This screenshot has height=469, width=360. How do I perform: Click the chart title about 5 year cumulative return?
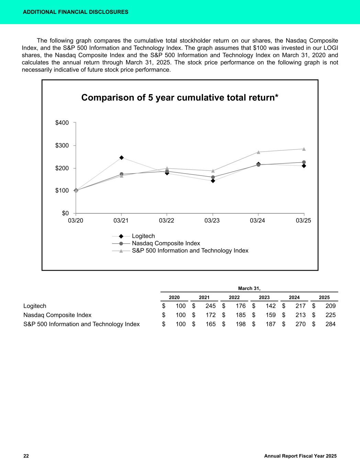(180, 98)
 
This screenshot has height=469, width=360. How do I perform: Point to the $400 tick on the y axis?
(62, 123)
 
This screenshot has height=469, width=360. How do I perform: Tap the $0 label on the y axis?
(65, 213)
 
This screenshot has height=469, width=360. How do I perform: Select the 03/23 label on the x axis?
(212, 221)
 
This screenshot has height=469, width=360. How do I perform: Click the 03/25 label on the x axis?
(303, 221)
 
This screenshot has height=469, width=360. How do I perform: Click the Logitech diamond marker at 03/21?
(122, 158)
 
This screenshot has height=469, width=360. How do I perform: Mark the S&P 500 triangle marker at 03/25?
(304, 149)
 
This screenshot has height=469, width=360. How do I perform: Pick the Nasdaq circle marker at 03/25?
(304, 162)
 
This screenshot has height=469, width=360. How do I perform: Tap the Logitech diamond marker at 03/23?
(213, 181)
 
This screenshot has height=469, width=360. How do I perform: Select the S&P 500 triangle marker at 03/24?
(258, 152)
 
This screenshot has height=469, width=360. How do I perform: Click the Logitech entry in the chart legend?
(143, 236)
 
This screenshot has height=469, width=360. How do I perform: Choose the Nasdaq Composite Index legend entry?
(166, 243)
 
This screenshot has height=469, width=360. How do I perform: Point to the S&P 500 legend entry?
(190, 250)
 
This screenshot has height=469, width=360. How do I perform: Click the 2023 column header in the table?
(264, 298)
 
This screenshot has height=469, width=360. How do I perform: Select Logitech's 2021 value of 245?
(210, 306)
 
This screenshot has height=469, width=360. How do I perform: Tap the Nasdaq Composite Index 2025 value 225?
(330, 315)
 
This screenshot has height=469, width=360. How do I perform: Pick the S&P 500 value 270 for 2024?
(300, 324)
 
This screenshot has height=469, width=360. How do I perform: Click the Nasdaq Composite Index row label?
(57, 315)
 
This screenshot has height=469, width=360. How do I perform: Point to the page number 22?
(26, 456)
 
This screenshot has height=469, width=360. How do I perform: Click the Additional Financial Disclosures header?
(76, 12)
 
